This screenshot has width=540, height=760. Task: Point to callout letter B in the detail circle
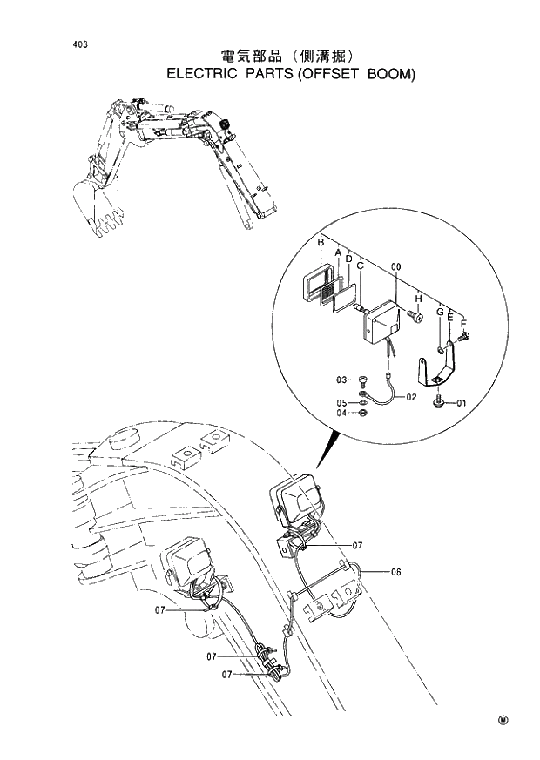pyautogui.click(x=321, y=241)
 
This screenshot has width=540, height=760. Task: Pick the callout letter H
pyautogui.click(x=419, y=298)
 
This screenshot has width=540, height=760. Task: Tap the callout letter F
pyautogui.click(x=462, y=323)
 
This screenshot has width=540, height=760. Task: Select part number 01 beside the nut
pyautogui.click(x=461, y=402)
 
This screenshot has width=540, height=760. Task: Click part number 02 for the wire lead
pyautogui.click(x=411, y=396)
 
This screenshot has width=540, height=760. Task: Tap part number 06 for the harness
pyautogui.click(x=395, y=572)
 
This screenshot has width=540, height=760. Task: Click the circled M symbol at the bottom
pyautogui.click(x=503, y=720)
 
